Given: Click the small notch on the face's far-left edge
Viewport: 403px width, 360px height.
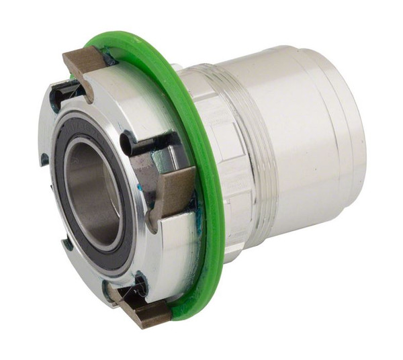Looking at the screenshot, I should (x=43, y=160).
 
